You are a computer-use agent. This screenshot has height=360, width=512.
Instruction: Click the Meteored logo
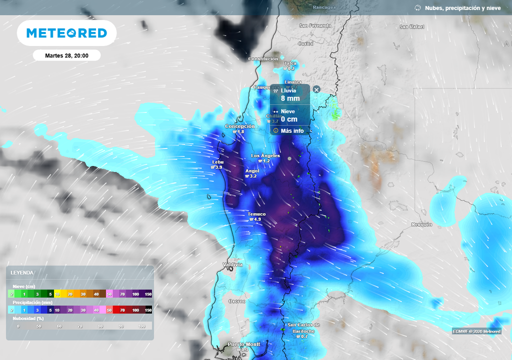66,33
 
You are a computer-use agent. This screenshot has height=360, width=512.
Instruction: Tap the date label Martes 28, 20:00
66,55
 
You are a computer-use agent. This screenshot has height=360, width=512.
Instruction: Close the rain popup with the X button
316,89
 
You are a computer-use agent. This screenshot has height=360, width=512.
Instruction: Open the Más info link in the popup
292,131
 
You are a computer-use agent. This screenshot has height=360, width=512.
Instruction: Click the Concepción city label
240,126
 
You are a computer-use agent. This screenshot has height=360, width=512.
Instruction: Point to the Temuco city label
257,214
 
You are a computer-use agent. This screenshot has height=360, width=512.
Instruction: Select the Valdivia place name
232,264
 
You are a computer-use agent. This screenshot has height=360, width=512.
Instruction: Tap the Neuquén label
421,224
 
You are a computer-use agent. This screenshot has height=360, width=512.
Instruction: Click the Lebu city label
218,162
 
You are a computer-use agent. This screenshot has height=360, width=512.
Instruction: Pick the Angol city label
252,171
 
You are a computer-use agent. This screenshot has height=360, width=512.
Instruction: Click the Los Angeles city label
265,156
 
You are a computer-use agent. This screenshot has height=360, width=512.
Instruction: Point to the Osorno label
237,301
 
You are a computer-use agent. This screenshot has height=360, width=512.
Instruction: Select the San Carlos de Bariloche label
303,328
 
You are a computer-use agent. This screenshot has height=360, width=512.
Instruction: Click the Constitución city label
263,59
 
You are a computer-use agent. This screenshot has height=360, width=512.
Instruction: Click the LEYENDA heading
22,272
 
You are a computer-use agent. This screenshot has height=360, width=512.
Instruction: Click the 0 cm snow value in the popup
289,119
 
